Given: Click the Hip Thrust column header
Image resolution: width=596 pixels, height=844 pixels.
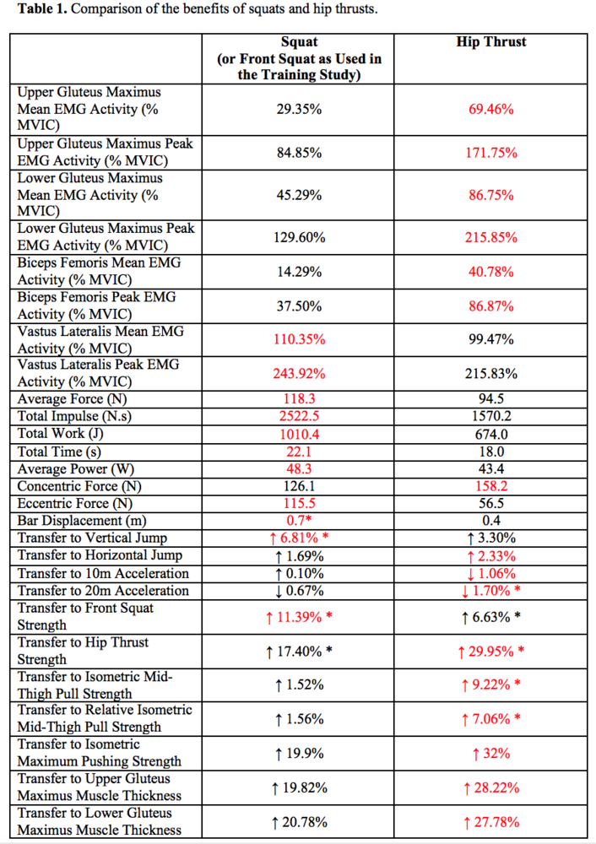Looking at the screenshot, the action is (491, 42).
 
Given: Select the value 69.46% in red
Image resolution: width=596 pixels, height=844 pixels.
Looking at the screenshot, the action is (491, 109).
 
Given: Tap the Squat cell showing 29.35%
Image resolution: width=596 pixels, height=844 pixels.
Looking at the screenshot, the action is (300, 109).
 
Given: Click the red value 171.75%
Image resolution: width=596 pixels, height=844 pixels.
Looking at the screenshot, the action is (491, 153).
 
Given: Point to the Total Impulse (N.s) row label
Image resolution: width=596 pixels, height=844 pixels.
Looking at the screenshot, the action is (74, 416).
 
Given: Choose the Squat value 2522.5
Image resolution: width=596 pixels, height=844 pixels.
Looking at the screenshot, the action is (300, 416).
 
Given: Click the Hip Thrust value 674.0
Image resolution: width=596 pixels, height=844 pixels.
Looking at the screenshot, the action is (491, 434).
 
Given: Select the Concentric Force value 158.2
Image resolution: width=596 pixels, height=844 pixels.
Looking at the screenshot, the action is (491, 486).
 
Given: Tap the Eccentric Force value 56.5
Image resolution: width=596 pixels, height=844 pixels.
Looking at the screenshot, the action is (491, 503).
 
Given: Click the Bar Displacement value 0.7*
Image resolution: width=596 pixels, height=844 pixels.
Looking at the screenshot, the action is (300, 521).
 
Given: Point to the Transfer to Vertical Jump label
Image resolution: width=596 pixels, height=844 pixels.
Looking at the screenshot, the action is (92, 538).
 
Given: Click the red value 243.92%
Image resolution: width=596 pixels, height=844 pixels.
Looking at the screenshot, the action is (300, 374).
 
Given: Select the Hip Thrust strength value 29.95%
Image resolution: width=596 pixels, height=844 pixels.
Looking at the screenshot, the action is (491, 652).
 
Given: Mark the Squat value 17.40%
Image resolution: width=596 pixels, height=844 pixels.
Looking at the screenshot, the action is (300, 652).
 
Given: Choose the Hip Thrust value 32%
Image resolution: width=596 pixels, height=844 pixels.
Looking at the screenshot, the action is (491, 754).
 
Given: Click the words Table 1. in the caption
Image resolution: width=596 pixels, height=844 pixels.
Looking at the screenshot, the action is (42, 9).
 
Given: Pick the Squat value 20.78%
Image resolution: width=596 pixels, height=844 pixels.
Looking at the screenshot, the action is (300, 822).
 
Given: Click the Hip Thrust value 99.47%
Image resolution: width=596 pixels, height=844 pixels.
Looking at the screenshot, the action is (491, 339).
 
